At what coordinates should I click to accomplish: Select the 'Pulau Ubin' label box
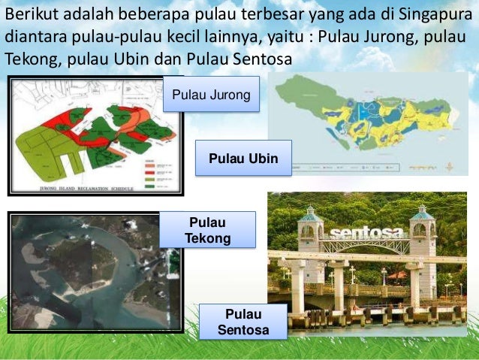point(243,159)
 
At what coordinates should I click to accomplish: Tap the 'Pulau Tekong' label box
point(208,230)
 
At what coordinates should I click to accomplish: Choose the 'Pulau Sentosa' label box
point(243,322)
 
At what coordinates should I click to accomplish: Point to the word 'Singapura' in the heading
point(434,16)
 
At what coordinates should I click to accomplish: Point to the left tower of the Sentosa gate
point(309,233)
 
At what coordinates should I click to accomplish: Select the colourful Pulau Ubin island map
point(368,113)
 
